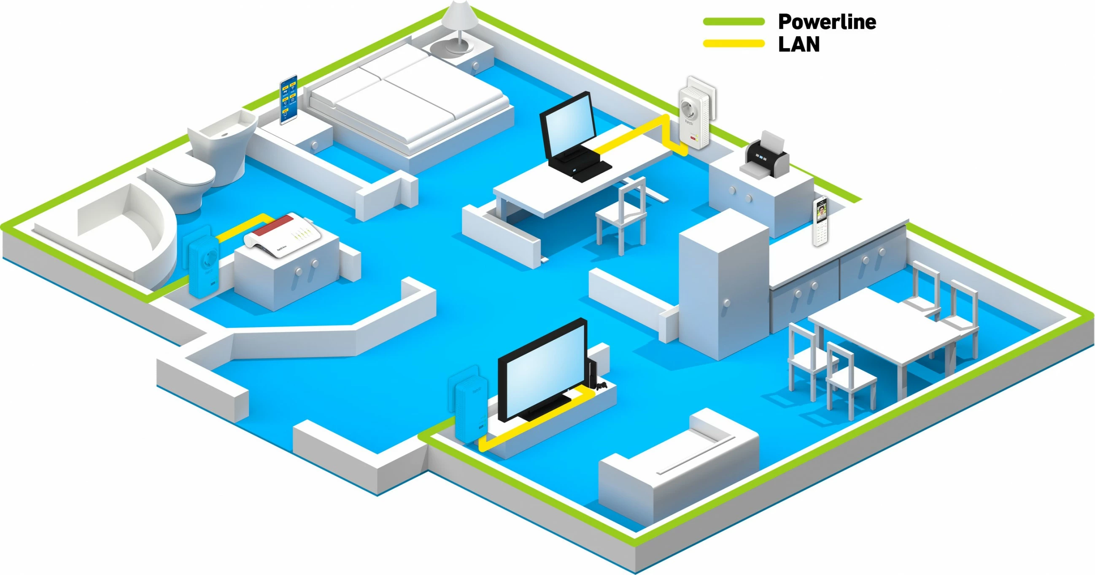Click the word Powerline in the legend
[x=826, y=21]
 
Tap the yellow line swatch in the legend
[x=733, y=43]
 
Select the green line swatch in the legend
[x=733, y=21]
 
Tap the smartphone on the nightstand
[x=288, y=99]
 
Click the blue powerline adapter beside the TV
[x=471, y=408]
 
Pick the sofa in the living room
[x=676, y=472]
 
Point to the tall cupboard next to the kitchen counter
[x=723, y=285]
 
